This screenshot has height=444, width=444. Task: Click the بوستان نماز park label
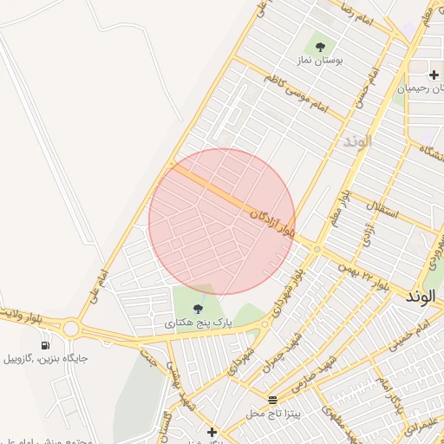[x=320, y=62]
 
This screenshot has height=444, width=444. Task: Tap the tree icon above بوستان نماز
[x=320, y=47]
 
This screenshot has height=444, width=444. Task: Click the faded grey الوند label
[x=356, y=140]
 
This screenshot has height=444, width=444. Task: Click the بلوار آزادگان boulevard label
[x=272, y=222]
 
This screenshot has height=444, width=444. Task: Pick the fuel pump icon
[x=44, y=344]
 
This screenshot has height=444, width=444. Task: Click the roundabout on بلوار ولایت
[x=71, y=329]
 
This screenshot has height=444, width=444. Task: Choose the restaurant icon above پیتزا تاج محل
[x=274, y=400]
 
